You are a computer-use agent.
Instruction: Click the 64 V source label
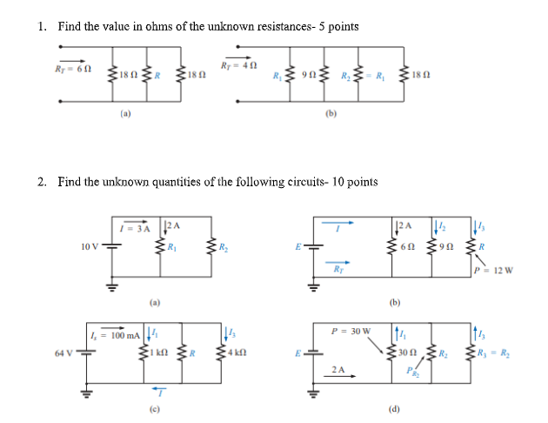pyautogui.click(x=63, y=353)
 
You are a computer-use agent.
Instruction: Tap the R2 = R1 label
pyautogui.click(x=354, y=75)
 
